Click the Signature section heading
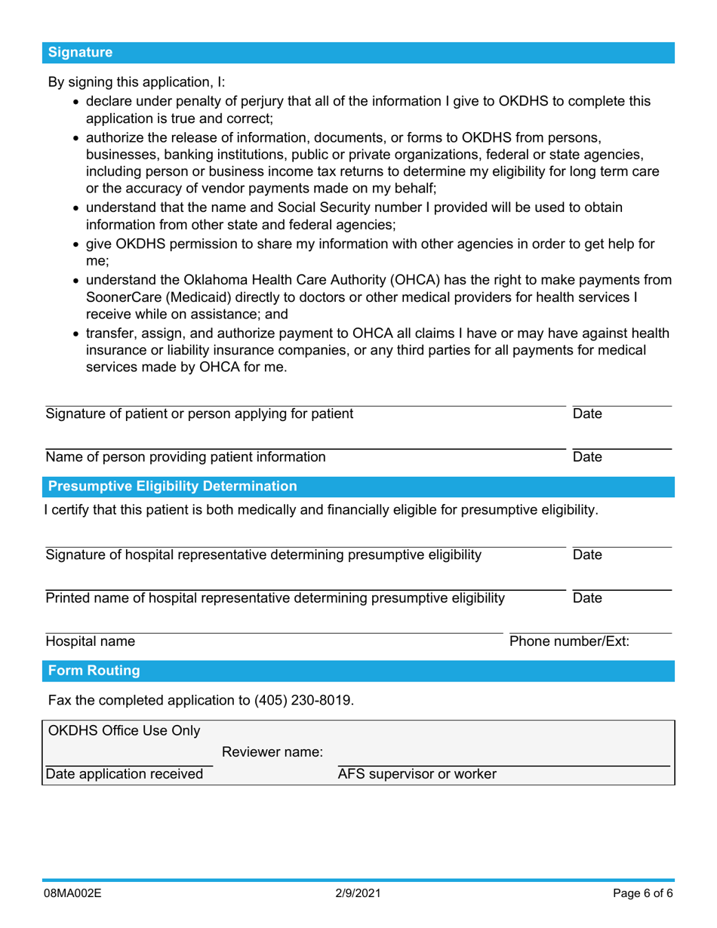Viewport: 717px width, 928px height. point(80,53)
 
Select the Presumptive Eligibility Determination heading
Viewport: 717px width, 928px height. point(173,486)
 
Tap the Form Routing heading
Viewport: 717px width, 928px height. point(94,671)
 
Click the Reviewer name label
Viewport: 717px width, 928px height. point(273,752)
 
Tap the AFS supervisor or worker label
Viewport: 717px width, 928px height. point(417,774)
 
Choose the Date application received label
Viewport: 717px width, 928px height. point(125,774)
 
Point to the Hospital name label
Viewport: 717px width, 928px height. point(91,642)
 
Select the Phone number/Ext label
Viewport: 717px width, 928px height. point(570,642)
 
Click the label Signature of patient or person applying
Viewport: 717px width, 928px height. point(199,413)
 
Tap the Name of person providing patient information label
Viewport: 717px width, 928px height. point(186,456)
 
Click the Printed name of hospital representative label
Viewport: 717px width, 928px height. point(275,598)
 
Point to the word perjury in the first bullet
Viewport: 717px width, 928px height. point(291,101)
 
